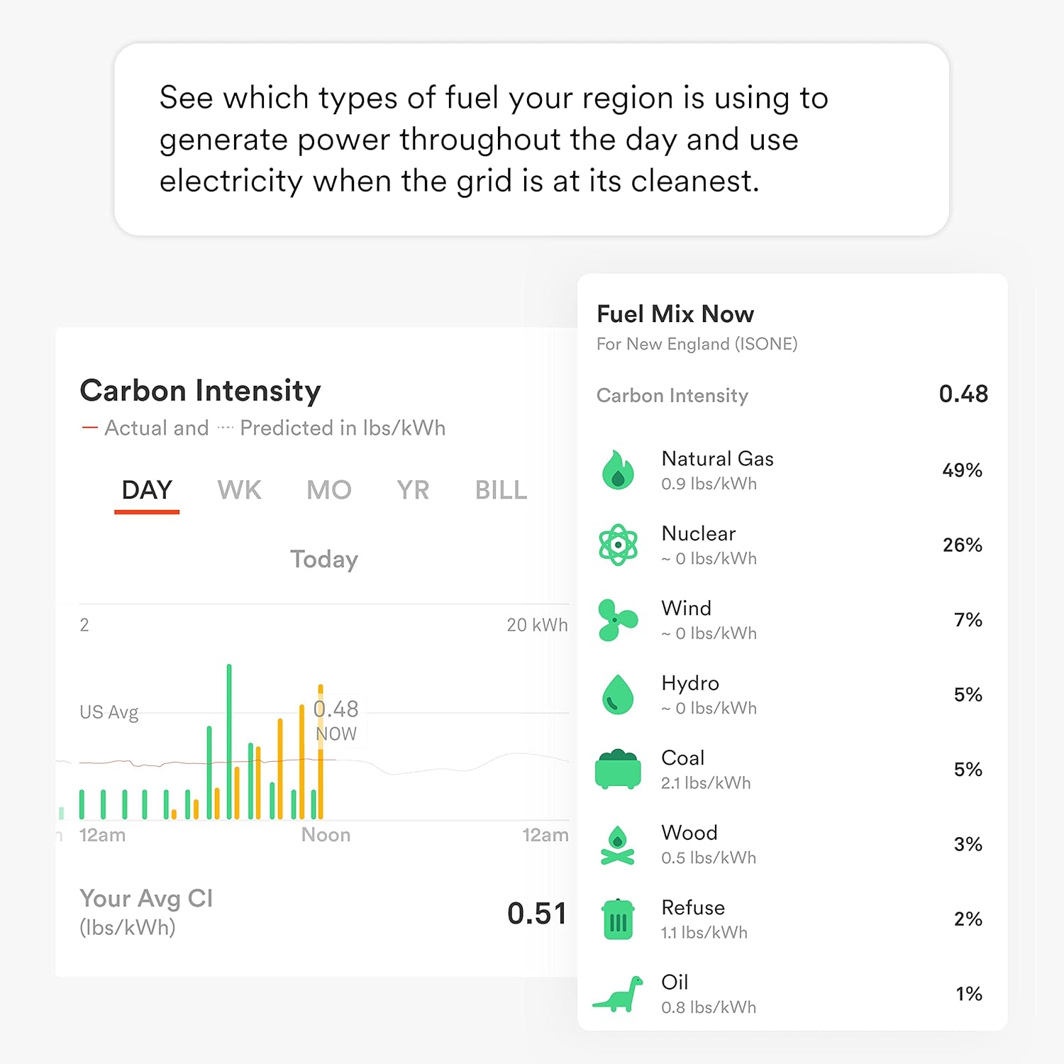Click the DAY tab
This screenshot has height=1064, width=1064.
tap(147, 490)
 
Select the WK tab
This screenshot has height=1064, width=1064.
tap(240, 490)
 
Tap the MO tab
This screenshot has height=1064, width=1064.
tap(329, 490)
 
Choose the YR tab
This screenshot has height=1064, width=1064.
tap(413, 490)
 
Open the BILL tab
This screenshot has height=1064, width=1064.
tap(501, 490)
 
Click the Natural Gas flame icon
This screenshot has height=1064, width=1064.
tap(618, 470)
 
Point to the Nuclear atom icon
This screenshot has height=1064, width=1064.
tap(618, 545)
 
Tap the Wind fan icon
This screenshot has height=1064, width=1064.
tap(617, 620)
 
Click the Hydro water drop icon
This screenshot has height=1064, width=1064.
tap(618, 694)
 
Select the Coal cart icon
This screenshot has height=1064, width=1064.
tap(618, 770)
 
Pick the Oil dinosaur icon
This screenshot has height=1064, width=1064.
tap(618, 994)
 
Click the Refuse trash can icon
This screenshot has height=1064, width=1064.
tap(618, 919)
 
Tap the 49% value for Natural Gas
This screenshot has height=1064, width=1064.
tap(962, 470)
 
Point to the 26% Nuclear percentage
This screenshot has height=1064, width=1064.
tap(962, 545)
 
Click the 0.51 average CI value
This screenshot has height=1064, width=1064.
tap(537, 913)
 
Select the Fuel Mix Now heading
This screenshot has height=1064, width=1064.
tap(675, 314)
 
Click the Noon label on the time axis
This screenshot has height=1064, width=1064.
tap(326, 835)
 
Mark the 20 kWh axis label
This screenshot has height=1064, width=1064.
tap(537, 625)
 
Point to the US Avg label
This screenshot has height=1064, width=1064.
tap(109, 712)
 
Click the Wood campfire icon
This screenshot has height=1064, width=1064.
tap(618, 845)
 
